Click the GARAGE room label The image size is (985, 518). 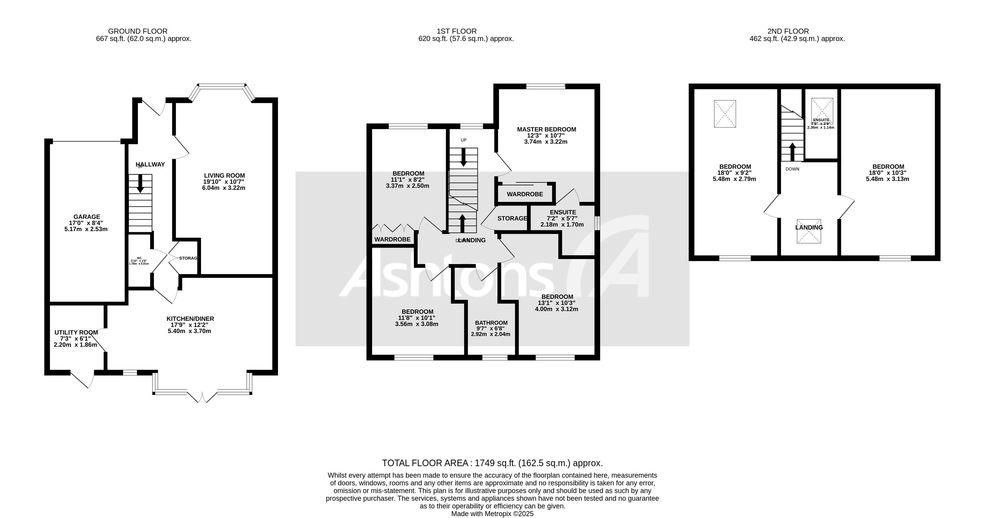tap(87, 217)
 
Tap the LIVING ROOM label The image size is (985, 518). tap(224, 176)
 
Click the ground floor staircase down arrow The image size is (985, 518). tap(140, 184)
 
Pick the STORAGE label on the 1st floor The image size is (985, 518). tap(512, 218)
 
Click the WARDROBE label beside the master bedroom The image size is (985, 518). tap(525, 194)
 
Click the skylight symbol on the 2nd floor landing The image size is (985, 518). tap(809, 231)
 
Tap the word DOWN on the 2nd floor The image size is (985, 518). tap(792, 169)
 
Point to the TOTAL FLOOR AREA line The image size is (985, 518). tap(492, 463)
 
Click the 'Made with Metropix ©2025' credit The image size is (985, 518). tap(492, 514)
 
